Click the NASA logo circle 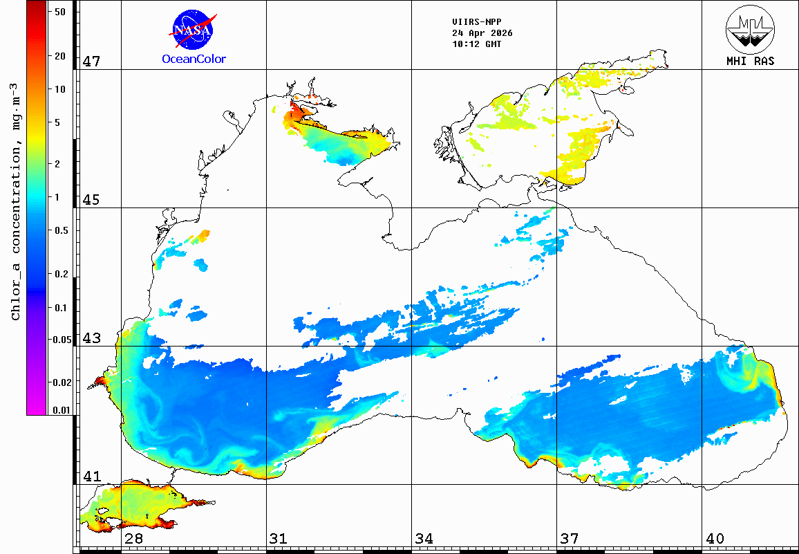193,29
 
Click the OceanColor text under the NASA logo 194,59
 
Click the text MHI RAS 750,61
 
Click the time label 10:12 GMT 476,44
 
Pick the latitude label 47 92,62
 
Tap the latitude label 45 92,200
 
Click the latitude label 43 92,338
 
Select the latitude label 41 92,477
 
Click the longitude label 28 133,538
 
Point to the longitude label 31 279,538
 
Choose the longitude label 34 424,538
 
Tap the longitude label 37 570,538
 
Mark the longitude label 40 715,538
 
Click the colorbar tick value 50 60,12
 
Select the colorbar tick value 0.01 61,410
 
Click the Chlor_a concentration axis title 15,201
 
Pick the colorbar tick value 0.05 61,339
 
